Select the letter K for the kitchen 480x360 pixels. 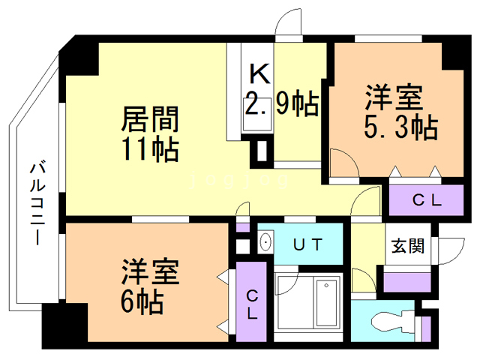pyautogui.click(x=259, y=73)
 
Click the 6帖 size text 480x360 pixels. pyautogui.click(x=142, y=301)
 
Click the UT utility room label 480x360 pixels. pyautogui.click(x=307, y=244)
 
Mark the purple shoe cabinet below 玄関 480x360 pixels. pyautogui.click(x=406, y=283)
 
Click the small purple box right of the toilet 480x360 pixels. pyautogui.click(x=426, y=330)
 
